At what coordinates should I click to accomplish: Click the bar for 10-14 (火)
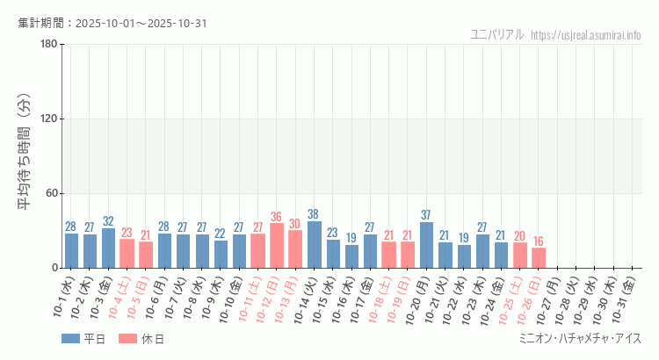tap(314, 245)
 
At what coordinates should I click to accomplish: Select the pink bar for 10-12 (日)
tap(277, 246)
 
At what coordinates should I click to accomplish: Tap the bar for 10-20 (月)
tap(426, 245)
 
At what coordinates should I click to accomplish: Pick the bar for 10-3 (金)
tap(108, 248)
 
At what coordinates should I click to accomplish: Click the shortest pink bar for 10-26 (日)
tap(538, 258)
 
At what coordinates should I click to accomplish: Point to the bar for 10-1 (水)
tap(71, 250)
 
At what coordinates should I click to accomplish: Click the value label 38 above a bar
tap(314, 214)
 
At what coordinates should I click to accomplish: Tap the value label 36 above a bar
tap(277, 217)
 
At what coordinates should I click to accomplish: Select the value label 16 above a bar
tap(538, 241)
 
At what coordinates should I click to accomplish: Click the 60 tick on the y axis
tap(50, 193)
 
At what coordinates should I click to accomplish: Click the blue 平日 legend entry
tap(83, 339)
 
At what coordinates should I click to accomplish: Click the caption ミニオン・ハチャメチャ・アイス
tap(580, 339)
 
